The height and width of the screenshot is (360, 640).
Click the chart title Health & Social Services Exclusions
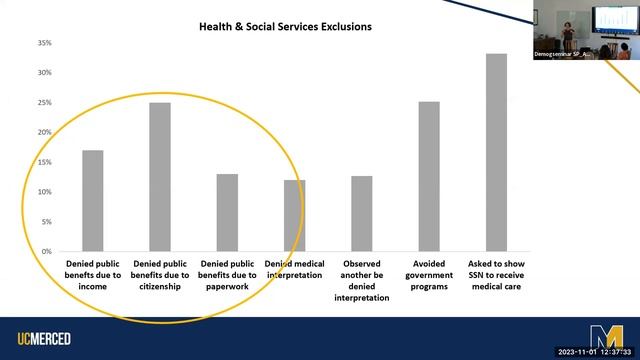point(285,26)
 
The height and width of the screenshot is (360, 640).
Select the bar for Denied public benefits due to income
point(92,200)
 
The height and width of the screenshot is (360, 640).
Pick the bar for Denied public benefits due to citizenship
point(160,177)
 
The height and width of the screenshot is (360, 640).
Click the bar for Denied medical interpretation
point(294,215)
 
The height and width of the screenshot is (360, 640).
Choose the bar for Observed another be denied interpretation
point(361,213)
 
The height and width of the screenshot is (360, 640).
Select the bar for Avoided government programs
point(429,176)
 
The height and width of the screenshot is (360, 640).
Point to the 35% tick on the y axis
point(44,43)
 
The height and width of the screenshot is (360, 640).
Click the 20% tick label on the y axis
point(44,132)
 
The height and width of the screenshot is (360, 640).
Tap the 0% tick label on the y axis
point(46,251)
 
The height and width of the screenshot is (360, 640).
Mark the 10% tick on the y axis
point(44,191)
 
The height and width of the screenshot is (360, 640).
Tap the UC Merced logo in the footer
point(44,339)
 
